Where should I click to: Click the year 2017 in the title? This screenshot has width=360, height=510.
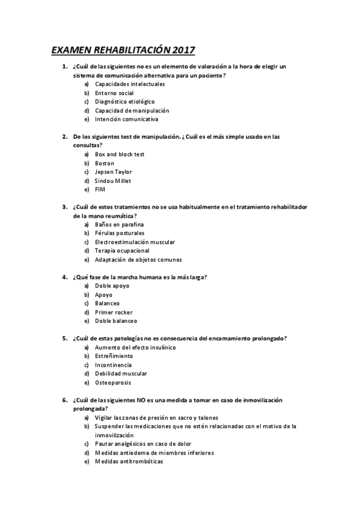tap(183, 50)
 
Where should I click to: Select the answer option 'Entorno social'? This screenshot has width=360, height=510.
tap(114, 93)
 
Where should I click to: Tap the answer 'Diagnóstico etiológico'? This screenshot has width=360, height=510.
tap(124, 102)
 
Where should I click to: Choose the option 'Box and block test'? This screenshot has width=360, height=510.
tap(120, 155)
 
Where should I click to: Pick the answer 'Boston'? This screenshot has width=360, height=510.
tap(105, 163)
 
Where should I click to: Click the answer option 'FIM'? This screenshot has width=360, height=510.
tap(100, 189)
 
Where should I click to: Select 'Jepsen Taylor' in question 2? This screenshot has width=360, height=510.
tap(114, 172)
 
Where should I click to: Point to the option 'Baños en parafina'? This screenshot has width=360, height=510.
tap(120, 224)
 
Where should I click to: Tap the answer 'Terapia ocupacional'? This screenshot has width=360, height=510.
tap(123, 251)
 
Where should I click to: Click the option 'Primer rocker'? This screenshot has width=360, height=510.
tap(114, 312)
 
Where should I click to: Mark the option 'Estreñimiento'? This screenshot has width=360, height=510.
tap(114, 356)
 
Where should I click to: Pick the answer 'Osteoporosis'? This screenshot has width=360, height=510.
tap(113, 382)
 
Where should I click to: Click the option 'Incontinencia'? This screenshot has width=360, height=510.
tap(113, 365)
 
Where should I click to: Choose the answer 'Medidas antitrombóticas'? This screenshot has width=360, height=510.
tap(129, 461)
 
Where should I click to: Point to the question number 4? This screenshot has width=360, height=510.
tap(65, 277)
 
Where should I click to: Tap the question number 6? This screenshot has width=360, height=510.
tap(65, 400)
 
